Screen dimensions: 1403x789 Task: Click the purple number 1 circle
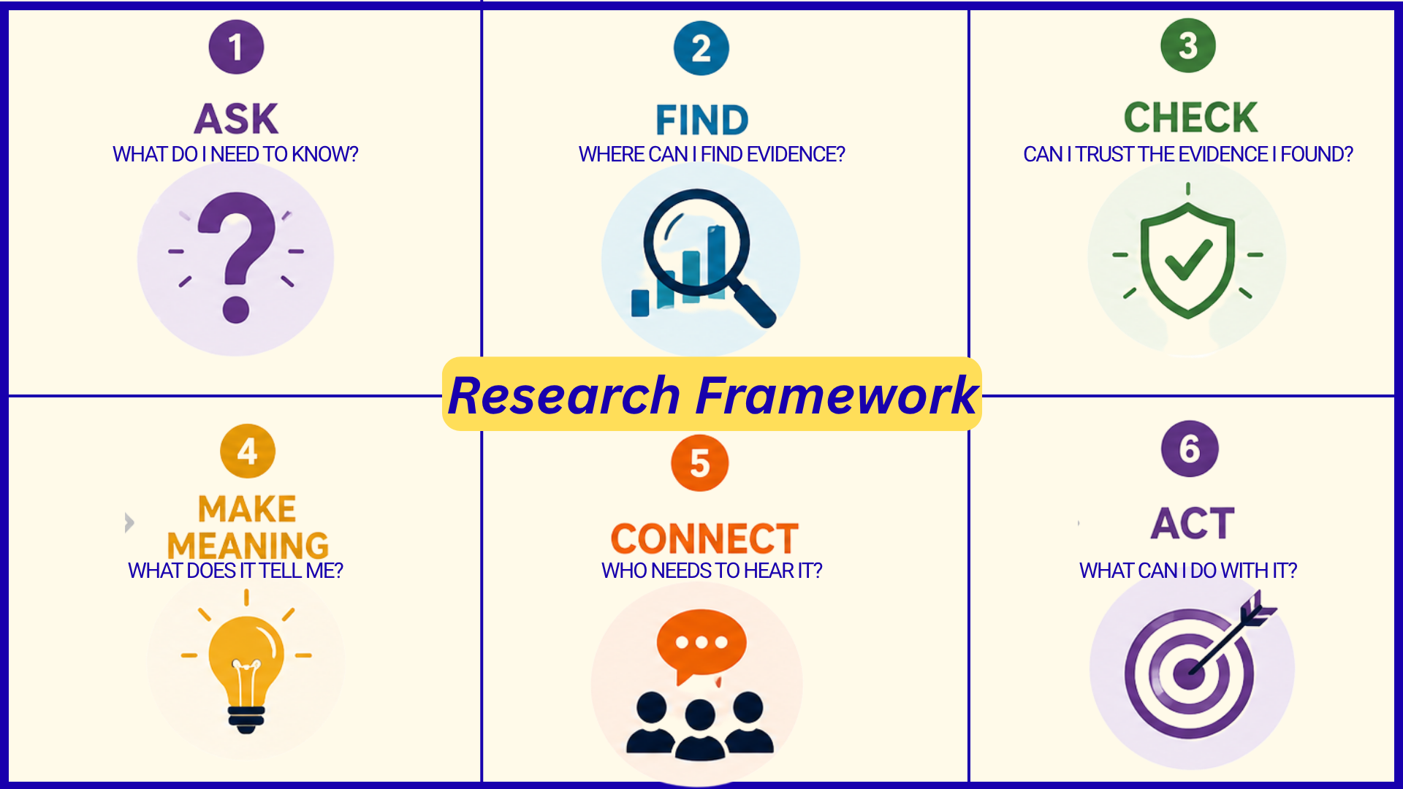point(236,47)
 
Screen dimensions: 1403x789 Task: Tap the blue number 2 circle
point(701,48)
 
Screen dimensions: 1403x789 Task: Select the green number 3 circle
point(1188,45)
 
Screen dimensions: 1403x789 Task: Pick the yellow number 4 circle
point(248,451)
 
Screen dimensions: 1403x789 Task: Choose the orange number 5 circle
point(700,463)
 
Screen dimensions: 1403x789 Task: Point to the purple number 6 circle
point(1190,449)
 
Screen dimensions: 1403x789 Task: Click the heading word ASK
point(237,118)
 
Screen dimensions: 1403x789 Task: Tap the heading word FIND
point(702,120)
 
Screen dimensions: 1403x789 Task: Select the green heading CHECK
point(1191,117)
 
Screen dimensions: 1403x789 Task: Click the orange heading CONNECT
point(704,539)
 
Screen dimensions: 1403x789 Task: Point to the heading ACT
point(1193,523)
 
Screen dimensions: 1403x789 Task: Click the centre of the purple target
point(1189,673)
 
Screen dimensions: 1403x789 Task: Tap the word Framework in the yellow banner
point(837,395)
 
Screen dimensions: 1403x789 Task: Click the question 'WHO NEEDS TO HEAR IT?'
point(712,571)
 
